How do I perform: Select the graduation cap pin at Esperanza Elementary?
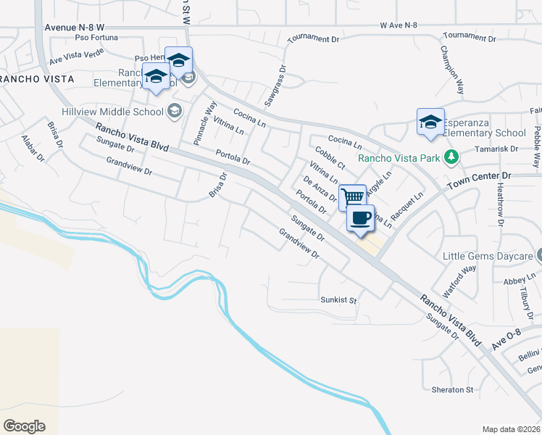point(430,122)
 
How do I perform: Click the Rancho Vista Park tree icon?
point(451,157)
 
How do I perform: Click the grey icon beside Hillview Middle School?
point(174,111)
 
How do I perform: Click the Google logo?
point(24,426)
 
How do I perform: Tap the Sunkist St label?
point(339,299)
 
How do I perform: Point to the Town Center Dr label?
point(479,176)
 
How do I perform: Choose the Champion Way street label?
point(451,71)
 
